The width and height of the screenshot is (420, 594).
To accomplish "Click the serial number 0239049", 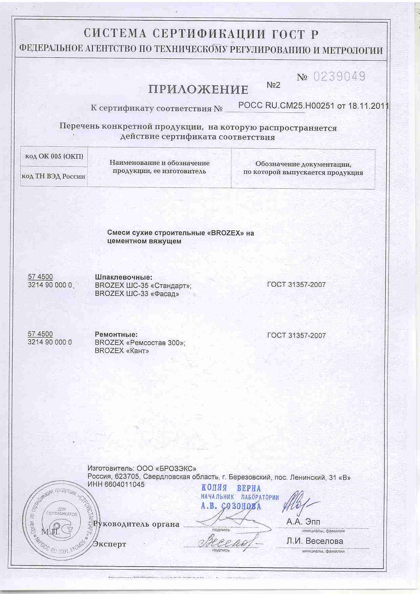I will tap(339, 77).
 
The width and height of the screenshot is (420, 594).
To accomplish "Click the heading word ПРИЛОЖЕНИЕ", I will tap(198, 89).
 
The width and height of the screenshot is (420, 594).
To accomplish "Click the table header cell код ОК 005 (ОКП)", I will tap(54, 157).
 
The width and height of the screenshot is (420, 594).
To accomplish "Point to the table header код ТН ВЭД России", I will tap(54, 176).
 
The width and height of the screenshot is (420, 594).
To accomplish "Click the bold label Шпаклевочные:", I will tap(124, 277).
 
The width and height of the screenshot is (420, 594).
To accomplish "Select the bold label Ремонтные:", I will tap(116, 335).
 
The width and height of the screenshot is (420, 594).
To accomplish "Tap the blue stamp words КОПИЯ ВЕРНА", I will tap(231, 488).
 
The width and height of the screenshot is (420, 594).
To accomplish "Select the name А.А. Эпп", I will tap(303, 522).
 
